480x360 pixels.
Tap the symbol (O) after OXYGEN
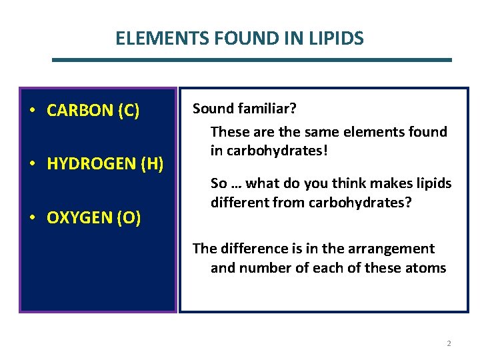[129, 218]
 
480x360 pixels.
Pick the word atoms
[425, 268]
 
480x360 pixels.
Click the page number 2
[449, 343]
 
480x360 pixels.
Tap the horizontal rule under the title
[252, 60]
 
